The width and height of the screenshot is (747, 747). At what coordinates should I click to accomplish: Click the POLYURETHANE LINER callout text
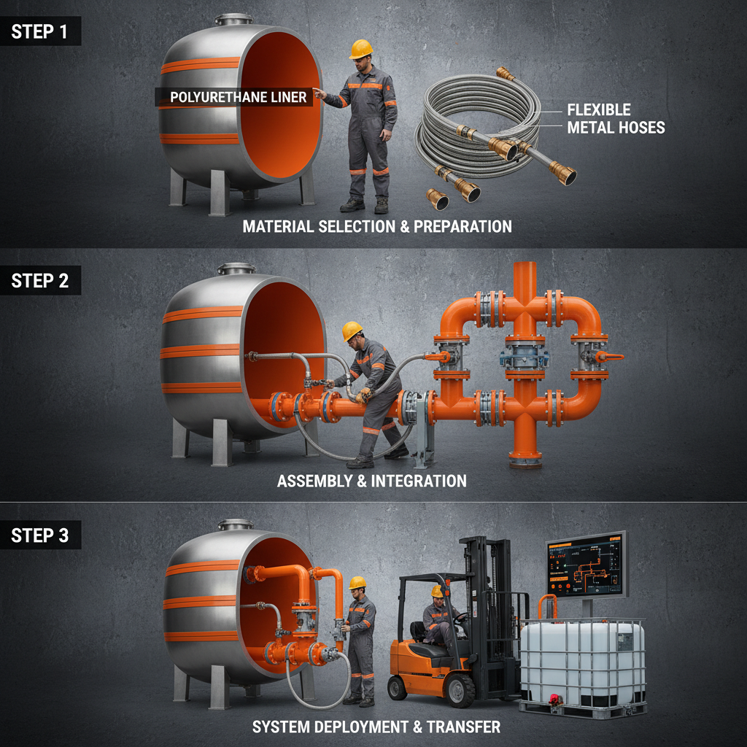coord(238,97)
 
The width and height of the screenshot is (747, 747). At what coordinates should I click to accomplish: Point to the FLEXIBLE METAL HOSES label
coord(616,119)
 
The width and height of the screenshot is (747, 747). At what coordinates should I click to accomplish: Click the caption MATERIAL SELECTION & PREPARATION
coord(376,226)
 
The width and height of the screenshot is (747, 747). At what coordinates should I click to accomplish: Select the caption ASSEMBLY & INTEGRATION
coord(371,481)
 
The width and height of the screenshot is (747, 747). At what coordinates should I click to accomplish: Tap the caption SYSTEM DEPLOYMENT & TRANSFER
coord(376,727)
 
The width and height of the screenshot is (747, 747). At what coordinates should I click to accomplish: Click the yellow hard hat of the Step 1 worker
coord(360,49)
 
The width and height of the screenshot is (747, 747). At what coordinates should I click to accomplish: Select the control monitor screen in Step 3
coord(586,564)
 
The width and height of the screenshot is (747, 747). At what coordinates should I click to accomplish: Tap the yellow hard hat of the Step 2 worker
coord(353,330)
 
